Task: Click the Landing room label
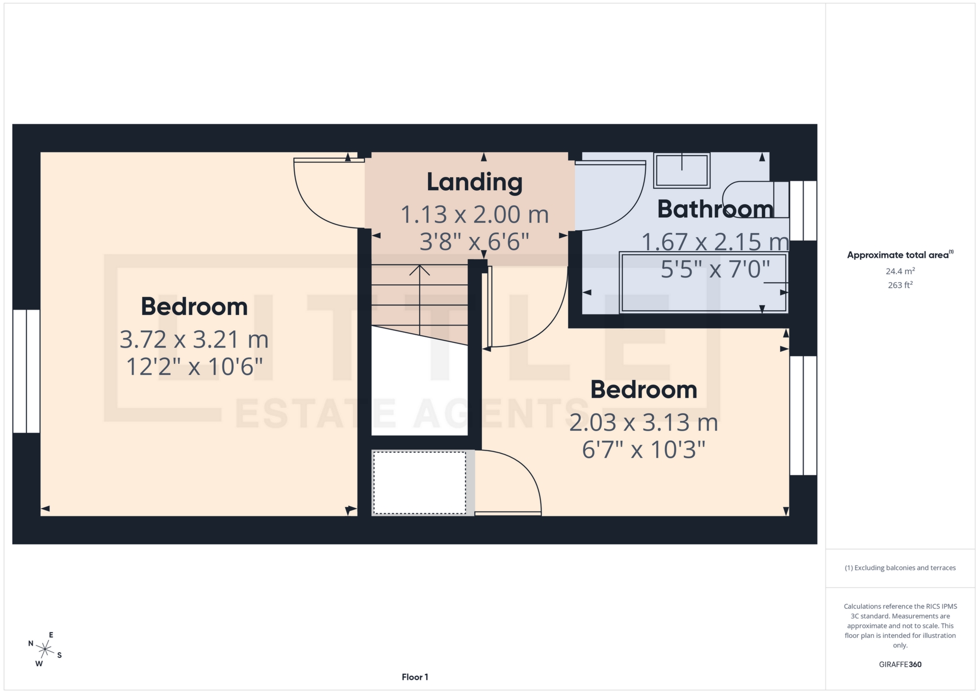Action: (x=474, y=182)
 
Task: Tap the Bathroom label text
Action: (x=715, y=209)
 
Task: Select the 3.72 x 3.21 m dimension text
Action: (x=194, y=339)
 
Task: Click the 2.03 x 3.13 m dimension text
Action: (x=643, y=423)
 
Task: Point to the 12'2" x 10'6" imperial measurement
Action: (x=194, y=367)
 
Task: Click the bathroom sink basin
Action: (x=682, y=170)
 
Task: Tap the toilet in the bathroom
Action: (x=755, y=200)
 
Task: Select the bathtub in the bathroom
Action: (x=704, y=283)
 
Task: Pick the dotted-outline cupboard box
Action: (x=420, y=483)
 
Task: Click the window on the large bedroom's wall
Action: (x=26, y=371)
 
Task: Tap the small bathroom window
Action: (x=803, y=210)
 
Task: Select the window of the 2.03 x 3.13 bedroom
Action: (x=803, y=415)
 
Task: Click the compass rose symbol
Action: (x=45, y=649)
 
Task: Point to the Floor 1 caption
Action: (x=415, y=677)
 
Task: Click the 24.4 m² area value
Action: (x=900, y=271)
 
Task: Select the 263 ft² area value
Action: (x=900, y=285)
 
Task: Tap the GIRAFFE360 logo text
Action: (x=900, y=664)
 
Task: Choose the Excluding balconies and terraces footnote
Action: (x=900, y=568)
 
